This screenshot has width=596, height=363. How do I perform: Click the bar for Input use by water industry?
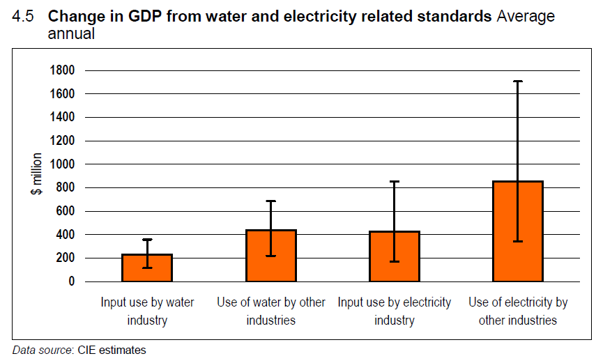[147, 268]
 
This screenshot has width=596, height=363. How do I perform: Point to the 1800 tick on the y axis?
[62, 70]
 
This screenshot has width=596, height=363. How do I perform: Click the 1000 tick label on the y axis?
[62, 164]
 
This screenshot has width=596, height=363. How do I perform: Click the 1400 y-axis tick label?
[62, 117]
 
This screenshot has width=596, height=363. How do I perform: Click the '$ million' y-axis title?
[36, 174]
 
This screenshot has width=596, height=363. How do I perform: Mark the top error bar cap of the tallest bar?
[518, 82]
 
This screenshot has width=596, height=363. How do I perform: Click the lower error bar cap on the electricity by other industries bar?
[518, 241]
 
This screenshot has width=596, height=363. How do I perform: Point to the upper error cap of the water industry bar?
[147, 240]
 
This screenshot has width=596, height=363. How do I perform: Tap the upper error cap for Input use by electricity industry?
[395, 182]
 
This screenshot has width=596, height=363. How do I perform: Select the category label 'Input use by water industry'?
[147, 311]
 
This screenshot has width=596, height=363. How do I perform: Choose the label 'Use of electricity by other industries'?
[518, 311]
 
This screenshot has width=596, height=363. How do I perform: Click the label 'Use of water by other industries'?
[271, 311]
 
